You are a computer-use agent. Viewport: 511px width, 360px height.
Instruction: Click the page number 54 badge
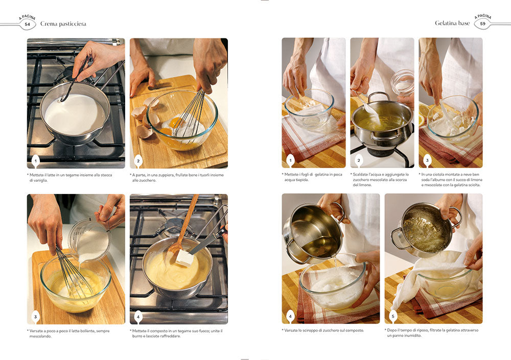(28, 24)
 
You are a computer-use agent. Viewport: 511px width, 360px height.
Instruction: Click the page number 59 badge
(482, 23)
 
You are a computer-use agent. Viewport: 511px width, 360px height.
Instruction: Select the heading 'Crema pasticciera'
(63, 23)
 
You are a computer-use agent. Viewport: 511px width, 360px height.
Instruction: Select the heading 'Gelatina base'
(452, 23)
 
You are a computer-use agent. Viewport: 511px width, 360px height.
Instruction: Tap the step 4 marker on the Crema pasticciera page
(138, 317)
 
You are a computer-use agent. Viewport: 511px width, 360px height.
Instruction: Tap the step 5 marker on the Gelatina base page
(393, 316)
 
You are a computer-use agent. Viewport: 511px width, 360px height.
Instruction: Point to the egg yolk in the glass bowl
(176, 123)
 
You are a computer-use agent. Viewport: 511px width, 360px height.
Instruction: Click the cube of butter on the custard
(185, 258)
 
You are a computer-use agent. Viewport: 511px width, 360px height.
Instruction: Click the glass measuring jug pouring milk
(89, 239)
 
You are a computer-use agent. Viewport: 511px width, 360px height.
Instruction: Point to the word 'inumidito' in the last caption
(410, 335)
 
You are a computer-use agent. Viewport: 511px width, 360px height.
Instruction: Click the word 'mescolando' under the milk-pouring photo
(40, 336)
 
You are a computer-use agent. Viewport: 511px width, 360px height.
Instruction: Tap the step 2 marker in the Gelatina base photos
(359, 160)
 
